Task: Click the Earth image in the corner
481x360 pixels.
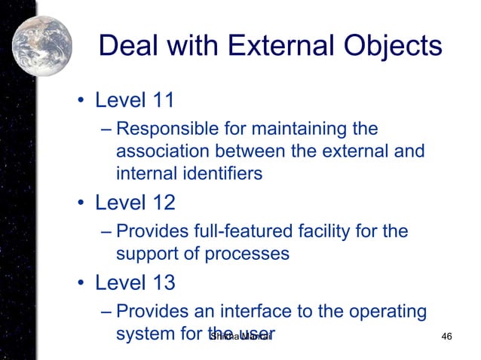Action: (41, 47)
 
